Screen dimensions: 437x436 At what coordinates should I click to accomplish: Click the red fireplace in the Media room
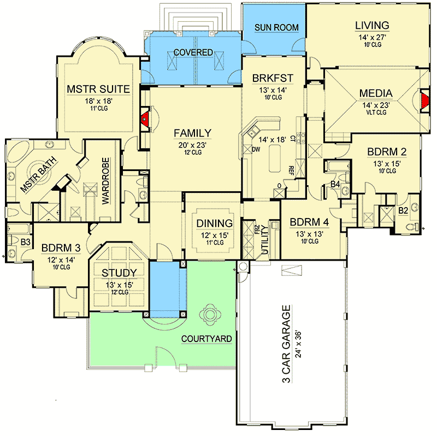426,101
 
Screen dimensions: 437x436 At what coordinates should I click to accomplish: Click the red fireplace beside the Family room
144,119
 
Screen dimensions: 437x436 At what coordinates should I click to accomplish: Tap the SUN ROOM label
276,28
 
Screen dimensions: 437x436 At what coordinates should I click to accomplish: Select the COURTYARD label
206,339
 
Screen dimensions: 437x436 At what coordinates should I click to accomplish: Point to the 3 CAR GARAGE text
286,344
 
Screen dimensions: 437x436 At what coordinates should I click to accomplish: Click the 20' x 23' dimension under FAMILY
193,145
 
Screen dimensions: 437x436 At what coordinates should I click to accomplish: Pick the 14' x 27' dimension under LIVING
372,37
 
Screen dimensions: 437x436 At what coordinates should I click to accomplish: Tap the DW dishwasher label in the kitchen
256,149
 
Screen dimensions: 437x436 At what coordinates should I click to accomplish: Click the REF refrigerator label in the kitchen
291,170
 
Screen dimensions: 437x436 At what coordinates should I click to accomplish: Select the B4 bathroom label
335,184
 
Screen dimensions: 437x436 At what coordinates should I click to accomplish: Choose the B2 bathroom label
403,210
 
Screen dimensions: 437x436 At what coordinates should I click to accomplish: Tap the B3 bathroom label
25,242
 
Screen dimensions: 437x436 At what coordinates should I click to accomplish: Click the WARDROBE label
105,181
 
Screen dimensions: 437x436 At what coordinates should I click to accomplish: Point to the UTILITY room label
265,240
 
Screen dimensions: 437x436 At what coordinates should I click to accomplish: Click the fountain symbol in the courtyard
210,315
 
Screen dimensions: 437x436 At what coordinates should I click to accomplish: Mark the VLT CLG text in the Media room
376,113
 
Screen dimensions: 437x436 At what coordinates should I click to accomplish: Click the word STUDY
119,273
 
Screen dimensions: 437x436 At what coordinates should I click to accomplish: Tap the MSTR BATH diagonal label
38,175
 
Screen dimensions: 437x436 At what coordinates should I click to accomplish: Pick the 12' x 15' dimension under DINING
215,235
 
